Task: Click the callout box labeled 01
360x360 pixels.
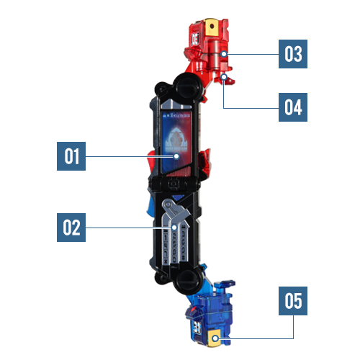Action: pos(71,156)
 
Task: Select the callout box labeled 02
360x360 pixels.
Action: pos(71,228)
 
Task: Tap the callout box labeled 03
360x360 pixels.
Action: pos(293,54)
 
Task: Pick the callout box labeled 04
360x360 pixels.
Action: pos(293,107)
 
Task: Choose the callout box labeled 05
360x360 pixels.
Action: pos(293,301)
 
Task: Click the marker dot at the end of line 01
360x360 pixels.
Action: pos(176,156)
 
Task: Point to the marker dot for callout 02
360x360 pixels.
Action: pos(174,228)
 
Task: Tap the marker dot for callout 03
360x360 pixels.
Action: pos(224,54)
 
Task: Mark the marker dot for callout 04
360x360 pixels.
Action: pos(224,77)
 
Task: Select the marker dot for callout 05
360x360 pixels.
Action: pos(215,338)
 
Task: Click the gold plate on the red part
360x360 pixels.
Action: pos(211,27)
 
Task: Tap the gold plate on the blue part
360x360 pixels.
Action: pos(215,338)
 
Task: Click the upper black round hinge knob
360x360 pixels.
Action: pos(187,86)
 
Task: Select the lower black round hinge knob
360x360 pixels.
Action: pos(188,282)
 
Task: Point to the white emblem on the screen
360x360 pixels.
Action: pos(177,139)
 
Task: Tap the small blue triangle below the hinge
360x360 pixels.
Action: pos(178,197)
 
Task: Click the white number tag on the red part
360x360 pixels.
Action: pos(194,40)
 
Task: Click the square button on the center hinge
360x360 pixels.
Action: pos(173,184)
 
